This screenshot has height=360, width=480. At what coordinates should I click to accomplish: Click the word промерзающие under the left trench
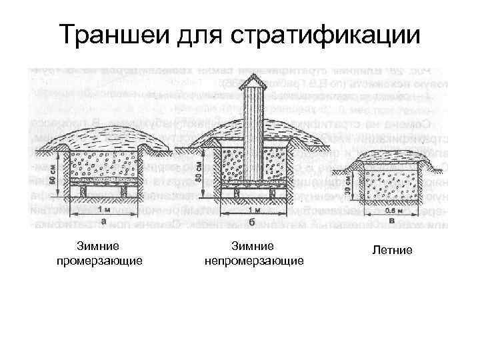point(100,259)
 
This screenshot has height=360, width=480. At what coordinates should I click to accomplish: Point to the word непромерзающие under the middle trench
point(254,259)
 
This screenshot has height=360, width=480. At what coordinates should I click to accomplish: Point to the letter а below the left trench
point(103,220)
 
